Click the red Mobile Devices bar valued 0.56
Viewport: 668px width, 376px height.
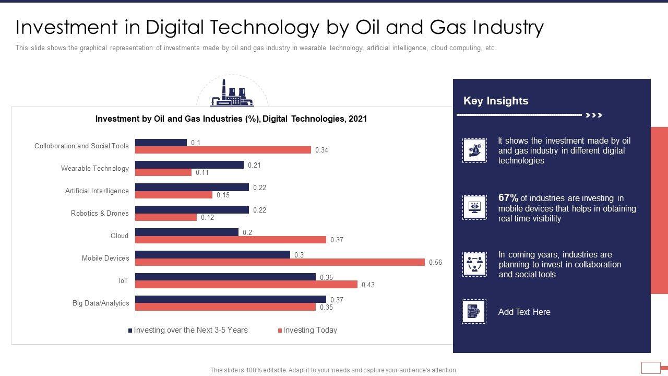(280, 262)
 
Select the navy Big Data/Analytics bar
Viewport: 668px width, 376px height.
(230, 299)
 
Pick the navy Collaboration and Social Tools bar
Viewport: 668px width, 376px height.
(161, 143)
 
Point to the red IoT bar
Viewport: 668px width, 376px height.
(246, 285)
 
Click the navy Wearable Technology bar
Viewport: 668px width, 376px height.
(189, 165)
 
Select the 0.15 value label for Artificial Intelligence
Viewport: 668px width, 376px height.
(223, 195)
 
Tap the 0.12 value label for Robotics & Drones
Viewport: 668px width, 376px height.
(207, 218)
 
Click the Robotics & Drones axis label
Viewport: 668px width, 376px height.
(100, 213)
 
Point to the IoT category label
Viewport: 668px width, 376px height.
(123, 281)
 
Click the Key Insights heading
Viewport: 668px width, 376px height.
(496, 101)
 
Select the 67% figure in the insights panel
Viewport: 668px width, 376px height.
(508, 198)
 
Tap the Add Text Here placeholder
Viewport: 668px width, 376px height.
(524, 312)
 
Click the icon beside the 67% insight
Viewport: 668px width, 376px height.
(474, 207)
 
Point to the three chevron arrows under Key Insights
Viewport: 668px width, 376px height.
(594, 115)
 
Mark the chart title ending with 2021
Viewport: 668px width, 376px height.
(231, 119)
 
